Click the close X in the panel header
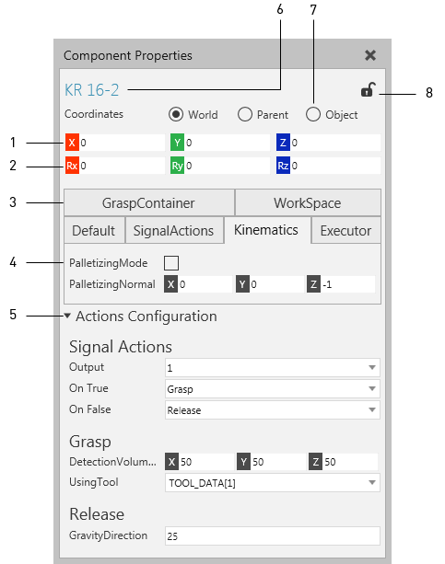[x=370, y=55]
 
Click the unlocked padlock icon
[x=369, y=89]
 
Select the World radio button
[x=176, y=114]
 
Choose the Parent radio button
[x=245, y=114]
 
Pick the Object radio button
[x=312, y=114]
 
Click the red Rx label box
[x=72, y=166]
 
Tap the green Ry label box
[x=177, y=166]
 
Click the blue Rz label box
[x=283, y=166]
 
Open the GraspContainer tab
[x=149, y=202]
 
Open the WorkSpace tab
[x=308, y=202]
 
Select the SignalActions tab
[x=174, y=231]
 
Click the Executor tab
[x=345, y=231]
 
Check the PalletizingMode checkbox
[x=171, y=263]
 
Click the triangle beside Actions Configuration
[x=67, y=316]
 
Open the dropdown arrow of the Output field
[x=372, y=367]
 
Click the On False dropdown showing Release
[x=273, y=409]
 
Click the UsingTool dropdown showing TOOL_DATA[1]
[x=273, y=482]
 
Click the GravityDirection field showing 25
[x=273, y=536]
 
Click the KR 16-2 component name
[x=91, y=90]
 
